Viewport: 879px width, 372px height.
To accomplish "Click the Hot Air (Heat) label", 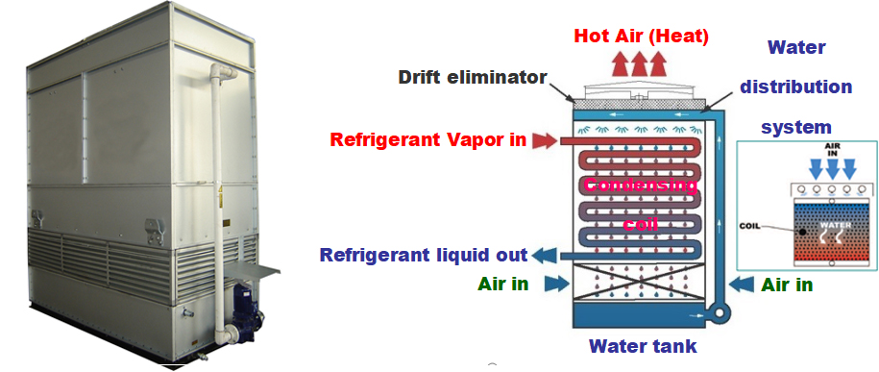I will click(x=642, y=37).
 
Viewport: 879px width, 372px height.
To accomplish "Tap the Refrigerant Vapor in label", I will click(x=427, y=139).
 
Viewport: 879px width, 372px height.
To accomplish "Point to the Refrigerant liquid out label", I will click(x=424, y=255).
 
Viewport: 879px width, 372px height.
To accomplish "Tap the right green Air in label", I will click(x=787, y=285).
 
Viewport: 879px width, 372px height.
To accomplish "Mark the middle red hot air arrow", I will click(x=640, y=64).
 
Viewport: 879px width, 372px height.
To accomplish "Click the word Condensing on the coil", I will click(x=642, y=185).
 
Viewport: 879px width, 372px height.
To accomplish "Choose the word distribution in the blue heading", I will click(x=795, y=87).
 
